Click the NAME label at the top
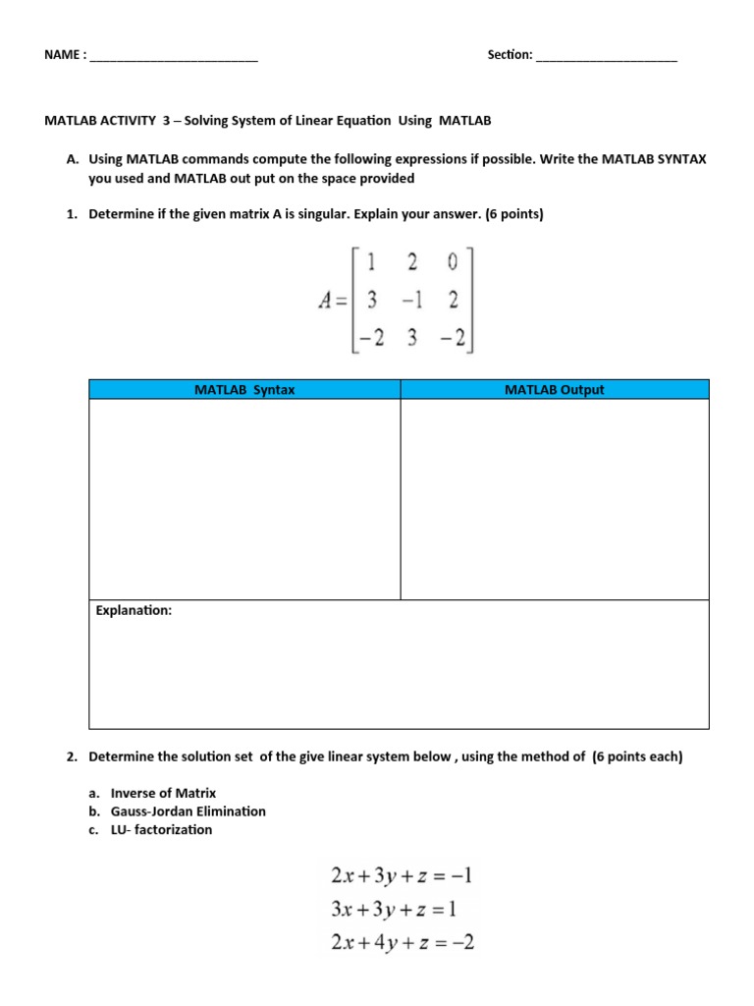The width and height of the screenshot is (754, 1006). pyautogui.click(x=62, y=55)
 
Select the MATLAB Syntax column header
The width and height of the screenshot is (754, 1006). pyautogui.click(x=244, y=390)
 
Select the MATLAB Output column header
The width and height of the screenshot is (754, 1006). pyautogui.click(x=554, y=390)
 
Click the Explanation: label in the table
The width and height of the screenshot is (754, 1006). pyautogui.click(x=134, y=611)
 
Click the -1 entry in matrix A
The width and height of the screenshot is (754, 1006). pyautogui.click(x=411, y=300)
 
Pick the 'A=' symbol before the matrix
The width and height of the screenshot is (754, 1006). pyautogui.click(x=335, y=301)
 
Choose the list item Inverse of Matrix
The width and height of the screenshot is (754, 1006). pyautogui.click(x=163, y=793)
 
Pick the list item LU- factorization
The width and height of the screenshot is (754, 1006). pyautogui.click(x=161, y=830)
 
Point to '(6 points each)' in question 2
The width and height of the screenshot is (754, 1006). pyautogui.click(x=637, y=757)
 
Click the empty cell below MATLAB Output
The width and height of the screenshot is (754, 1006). pyautogui.click(x=554, y=499)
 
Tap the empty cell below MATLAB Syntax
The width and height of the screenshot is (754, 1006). pyautogui.click(x=244, y=499)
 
